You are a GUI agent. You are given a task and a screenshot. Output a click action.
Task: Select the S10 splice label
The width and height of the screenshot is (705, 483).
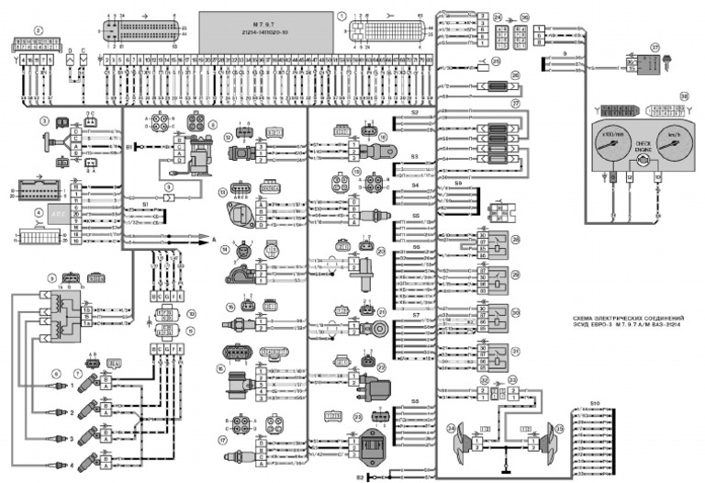click(x=596, y=403)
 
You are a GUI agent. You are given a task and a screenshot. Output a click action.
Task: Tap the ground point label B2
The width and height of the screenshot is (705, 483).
click(x=360, y=477)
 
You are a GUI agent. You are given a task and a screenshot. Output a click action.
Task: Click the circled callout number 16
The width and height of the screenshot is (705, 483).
click(x=221, y=368)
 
